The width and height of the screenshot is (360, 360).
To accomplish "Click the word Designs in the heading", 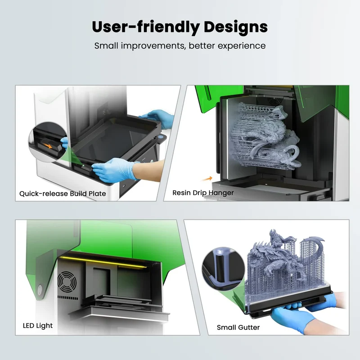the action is pos(235,27).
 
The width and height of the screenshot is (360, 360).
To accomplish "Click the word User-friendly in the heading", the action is pos(146,27).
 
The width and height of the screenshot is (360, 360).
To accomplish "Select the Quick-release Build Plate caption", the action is pos(63,193).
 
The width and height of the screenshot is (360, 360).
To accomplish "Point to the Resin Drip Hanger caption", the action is pos(203,193).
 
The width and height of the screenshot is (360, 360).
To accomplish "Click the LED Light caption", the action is pos(38,325).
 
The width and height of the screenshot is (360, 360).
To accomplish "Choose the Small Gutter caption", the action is pos(238,328).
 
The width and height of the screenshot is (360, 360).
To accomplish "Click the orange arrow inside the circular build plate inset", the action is pos(49,146).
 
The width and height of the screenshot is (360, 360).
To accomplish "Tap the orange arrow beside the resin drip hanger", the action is pos(207,178).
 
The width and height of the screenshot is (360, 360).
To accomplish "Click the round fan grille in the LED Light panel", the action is pos(67,282).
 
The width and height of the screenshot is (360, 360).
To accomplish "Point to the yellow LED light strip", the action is pos(103,262).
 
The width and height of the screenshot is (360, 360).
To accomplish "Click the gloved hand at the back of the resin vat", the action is pos(157,118).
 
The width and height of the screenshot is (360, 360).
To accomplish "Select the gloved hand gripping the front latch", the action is pos(114,170).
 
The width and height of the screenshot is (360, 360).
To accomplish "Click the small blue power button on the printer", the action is pos(161,137).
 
